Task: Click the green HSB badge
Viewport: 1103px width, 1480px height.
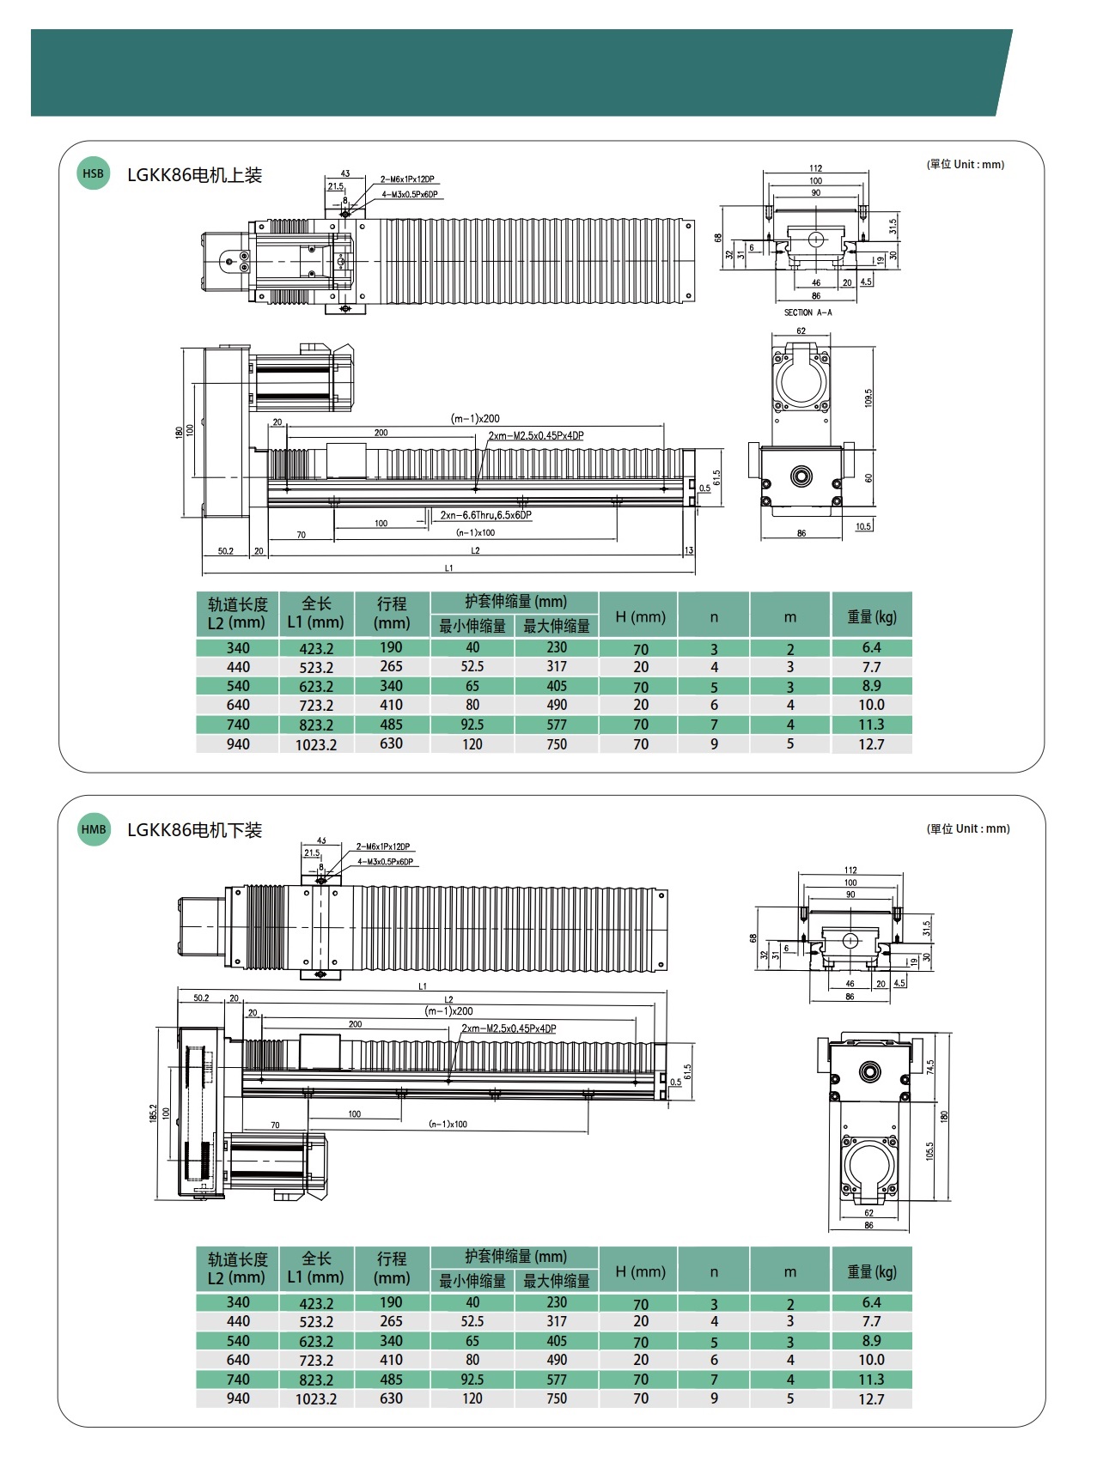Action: [x=93, y=173]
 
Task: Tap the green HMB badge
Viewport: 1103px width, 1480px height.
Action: [x=94, y=829]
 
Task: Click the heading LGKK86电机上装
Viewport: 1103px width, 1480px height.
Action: [x=194, y=175]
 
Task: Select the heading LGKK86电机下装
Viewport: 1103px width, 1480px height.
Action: [x=194, y=830]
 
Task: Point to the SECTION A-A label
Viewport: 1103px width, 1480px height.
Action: [x=807, y=312]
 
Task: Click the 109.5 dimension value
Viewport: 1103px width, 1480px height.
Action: [x=868, y=397]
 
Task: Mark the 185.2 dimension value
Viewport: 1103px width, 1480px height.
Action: [x=153, y=1113]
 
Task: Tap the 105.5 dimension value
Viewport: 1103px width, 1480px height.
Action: [x=929, y=1151]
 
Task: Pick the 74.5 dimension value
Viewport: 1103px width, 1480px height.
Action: [x=929, y=1067]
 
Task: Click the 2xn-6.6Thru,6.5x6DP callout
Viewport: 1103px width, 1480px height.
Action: [x=486, y=515]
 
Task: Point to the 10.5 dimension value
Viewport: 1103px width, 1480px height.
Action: [x=863, y=526]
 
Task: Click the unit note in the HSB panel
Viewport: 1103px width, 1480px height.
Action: [x=965, y=164]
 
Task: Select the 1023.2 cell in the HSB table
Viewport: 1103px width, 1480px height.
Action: [x=316, y=744]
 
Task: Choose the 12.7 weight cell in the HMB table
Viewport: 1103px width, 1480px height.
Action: [x=871, y=1399]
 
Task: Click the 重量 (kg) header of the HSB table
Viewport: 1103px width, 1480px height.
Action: [x=871, y=616]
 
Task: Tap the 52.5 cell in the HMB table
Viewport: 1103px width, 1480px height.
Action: [x=472, y=1321]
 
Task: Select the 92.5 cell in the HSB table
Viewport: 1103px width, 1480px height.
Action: [x=472, y=725]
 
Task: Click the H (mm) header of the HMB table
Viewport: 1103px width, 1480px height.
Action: [x=640, y=1271]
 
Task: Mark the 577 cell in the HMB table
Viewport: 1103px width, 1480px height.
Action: [x=557, y=1380]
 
